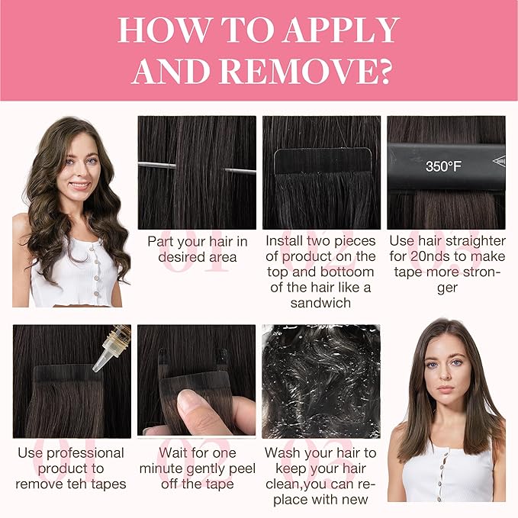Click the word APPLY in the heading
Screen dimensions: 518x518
click(x=342, y=30)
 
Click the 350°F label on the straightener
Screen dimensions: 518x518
click(x=443, y=166)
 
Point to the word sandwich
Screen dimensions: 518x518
click(x=320, y=303)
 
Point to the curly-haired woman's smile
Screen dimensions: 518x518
click(x=79, y=185)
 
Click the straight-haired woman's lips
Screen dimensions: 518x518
click(x=445, y=389)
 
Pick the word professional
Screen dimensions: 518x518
click(x=85, y=454)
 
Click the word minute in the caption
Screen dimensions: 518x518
click(x=161, y=468)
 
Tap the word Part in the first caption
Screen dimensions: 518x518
click(x=159, y=242)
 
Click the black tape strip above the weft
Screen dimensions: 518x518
click(x=323, y=160)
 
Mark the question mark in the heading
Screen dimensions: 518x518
click(x=384, y=72)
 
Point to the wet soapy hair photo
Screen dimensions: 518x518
click(x=321, y=381)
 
